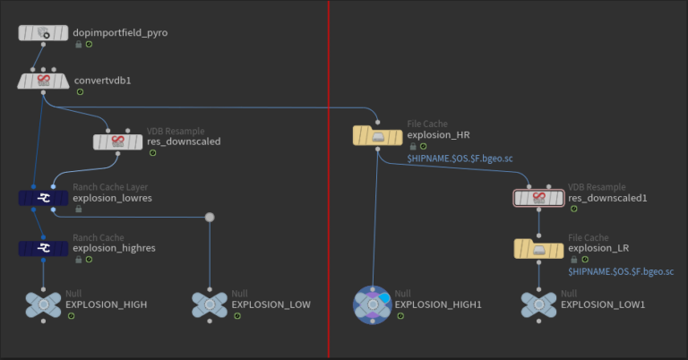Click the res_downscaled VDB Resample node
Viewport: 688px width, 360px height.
[x=117, y=141]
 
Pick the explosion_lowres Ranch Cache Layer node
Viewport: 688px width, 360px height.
[x=42, y=198]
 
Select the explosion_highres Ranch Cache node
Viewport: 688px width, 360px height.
[x=42, y=247]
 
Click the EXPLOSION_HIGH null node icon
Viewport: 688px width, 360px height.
[x=42, y=304]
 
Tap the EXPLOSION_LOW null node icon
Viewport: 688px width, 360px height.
[x=209, y=304]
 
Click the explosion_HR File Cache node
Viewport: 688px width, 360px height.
[x=377, y=135]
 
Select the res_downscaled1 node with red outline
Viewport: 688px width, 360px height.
[x=538, y=198]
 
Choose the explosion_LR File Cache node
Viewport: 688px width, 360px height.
[x=538, y=248]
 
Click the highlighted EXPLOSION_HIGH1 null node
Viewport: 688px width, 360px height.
[x=372, y=304]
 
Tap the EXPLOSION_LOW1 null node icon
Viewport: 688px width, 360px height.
[x=538, y=304]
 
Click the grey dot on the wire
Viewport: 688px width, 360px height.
[x=209, y=217]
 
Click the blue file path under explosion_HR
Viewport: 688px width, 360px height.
[x=460, y=159]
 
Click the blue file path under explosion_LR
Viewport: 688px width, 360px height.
[x=620, y=270]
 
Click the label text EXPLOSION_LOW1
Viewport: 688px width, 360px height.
[x=600, y=305]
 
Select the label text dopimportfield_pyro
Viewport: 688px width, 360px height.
[x=120, y=33]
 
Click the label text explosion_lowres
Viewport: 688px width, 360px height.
[x=112, y=198]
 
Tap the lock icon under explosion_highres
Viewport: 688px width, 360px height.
[x=78, y=260]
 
